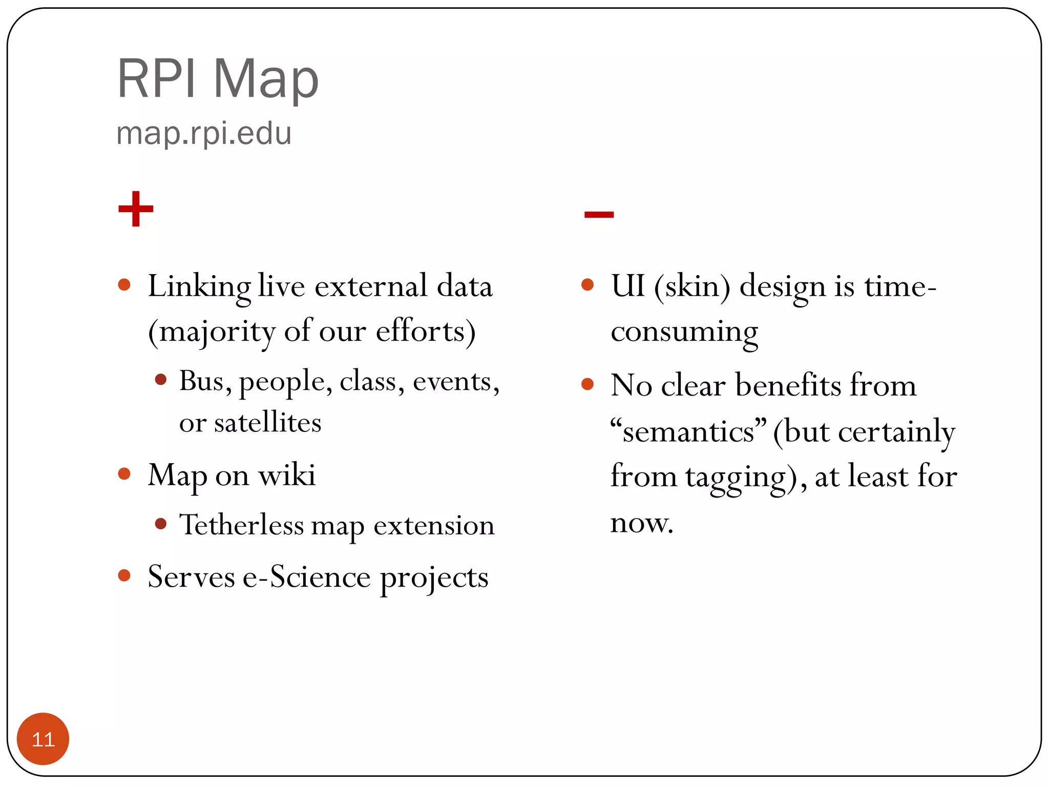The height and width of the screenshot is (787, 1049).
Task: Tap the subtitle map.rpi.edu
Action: click(x=204, y=134)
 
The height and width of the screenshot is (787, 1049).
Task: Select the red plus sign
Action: click(x=136, y=209)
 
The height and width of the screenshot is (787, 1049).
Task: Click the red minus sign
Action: click(x=599, y=214)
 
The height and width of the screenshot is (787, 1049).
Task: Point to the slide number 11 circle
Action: click(x=43, y=739)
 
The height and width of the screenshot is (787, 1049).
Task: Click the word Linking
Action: click(x=199, y=287)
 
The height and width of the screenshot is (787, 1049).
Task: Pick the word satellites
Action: click(x=267, y=423)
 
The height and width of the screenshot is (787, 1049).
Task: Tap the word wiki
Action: click(x=287, y=475)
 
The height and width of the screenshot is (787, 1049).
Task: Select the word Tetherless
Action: click(x=241, y=525)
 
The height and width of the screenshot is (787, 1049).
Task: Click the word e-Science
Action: click(x=306, y=577)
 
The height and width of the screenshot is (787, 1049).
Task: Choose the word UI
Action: click(x=627, y=286)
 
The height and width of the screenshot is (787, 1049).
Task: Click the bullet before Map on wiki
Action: click(x=124, y=473)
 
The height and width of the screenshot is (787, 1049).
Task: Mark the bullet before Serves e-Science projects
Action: click(x=124, y=575)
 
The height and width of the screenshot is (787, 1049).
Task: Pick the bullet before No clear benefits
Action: click(x=588, y=384)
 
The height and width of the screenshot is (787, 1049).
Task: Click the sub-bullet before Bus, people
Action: click(x=161, y=380)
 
